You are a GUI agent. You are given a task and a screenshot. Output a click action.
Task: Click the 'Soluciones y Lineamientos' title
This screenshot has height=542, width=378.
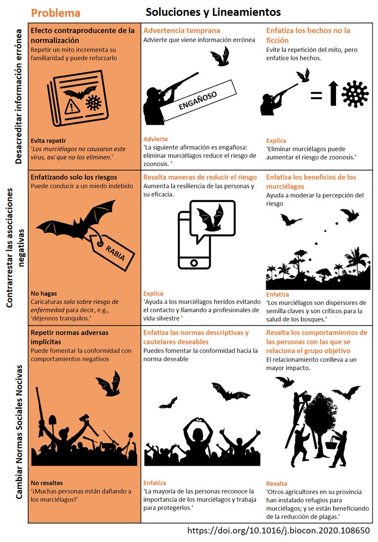click(x=213, y=12)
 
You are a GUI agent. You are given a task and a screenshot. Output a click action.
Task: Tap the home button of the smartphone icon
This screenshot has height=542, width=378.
click(x=194, y=262)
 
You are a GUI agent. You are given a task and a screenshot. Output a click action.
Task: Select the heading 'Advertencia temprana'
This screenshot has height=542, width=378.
click(x=181, y=31)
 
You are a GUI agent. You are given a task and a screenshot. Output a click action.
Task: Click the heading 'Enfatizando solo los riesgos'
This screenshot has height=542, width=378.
click(x=73, y=177)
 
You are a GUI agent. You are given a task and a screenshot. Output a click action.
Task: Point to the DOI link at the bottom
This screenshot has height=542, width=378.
click(x=278, y=530)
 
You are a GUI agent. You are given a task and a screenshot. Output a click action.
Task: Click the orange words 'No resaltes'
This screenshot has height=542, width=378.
click(x=47, y=482)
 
